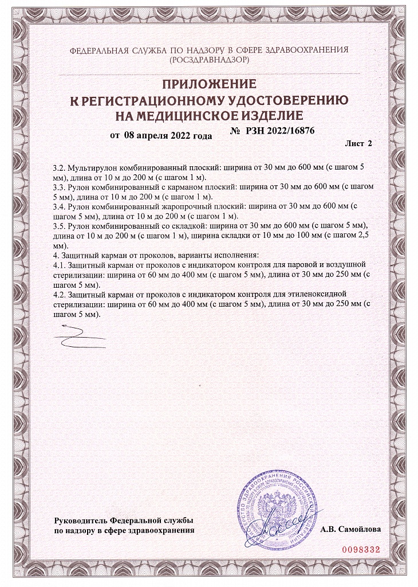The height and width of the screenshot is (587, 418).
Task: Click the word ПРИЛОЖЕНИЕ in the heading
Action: (x=209, y=85)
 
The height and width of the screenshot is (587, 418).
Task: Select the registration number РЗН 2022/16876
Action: (x=280, y=131)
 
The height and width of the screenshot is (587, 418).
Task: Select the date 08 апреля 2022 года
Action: (x=167, y=136)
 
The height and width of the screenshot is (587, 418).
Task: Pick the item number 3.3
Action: (x=58, y=187)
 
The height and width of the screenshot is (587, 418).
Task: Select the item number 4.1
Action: (x=58, y=265)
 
